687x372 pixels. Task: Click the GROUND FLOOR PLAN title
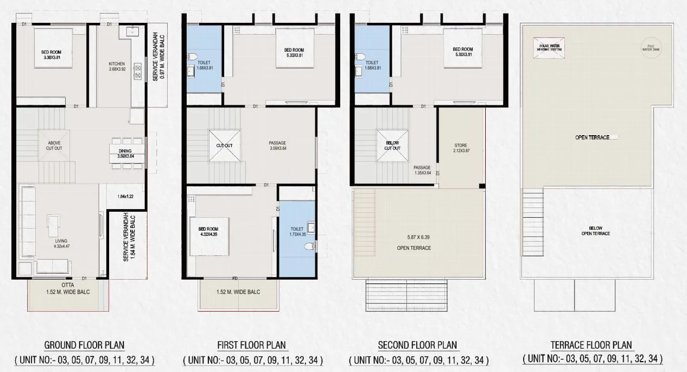[x=84, y=345]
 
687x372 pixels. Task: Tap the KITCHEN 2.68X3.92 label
[x=117, y=66]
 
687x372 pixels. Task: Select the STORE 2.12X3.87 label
[x=460, y=148]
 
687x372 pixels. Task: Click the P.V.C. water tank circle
[x=649, y=47]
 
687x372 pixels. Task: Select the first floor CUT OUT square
[x=225, y=146]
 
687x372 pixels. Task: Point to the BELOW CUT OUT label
[x=392, y=146]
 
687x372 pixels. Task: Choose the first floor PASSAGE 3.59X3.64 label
[x=278, y=146]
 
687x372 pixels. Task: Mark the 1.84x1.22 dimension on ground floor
[x=125, y=197]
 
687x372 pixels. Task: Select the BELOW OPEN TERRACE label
[x=595, y=231]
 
